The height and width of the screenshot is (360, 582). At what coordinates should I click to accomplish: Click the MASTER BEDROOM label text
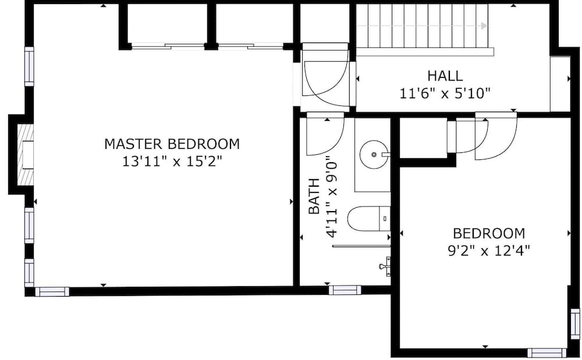tap(172, 144)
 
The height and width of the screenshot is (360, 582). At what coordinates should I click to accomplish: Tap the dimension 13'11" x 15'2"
tap(172, 161)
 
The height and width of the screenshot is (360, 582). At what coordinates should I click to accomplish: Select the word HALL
tap(445, 76)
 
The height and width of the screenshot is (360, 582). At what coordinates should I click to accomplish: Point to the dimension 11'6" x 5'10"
tap(445, 92)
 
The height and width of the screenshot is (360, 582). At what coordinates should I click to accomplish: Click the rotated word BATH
tap(314, 197)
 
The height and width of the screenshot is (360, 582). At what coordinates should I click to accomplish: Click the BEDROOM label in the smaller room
tap(489, 233)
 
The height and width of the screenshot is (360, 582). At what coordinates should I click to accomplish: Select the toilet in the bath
tap(368, 219)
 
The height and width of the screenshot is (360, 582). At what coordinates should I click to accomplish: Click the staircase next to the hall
tap(422, 26)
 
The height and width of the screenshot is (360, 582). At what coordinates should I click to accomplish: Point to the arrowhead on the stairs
tap(484, 26)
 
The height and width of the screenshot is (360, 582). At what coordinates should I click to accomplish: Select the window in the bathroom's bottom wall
tap(345, 290)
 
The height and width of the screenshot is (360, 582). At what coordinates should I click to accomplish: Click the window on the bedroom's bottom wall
tap(546, 352)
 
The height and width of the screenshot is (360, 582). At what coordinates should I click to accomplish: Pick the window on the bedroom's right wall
tap(575, 324)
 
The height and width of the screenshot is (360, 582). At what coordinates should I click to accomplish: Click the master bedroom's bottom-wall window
tap(52, 291)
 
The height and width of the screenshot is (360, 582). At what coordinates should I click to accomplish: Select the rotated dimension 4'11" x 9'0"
tap(332, 197)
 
